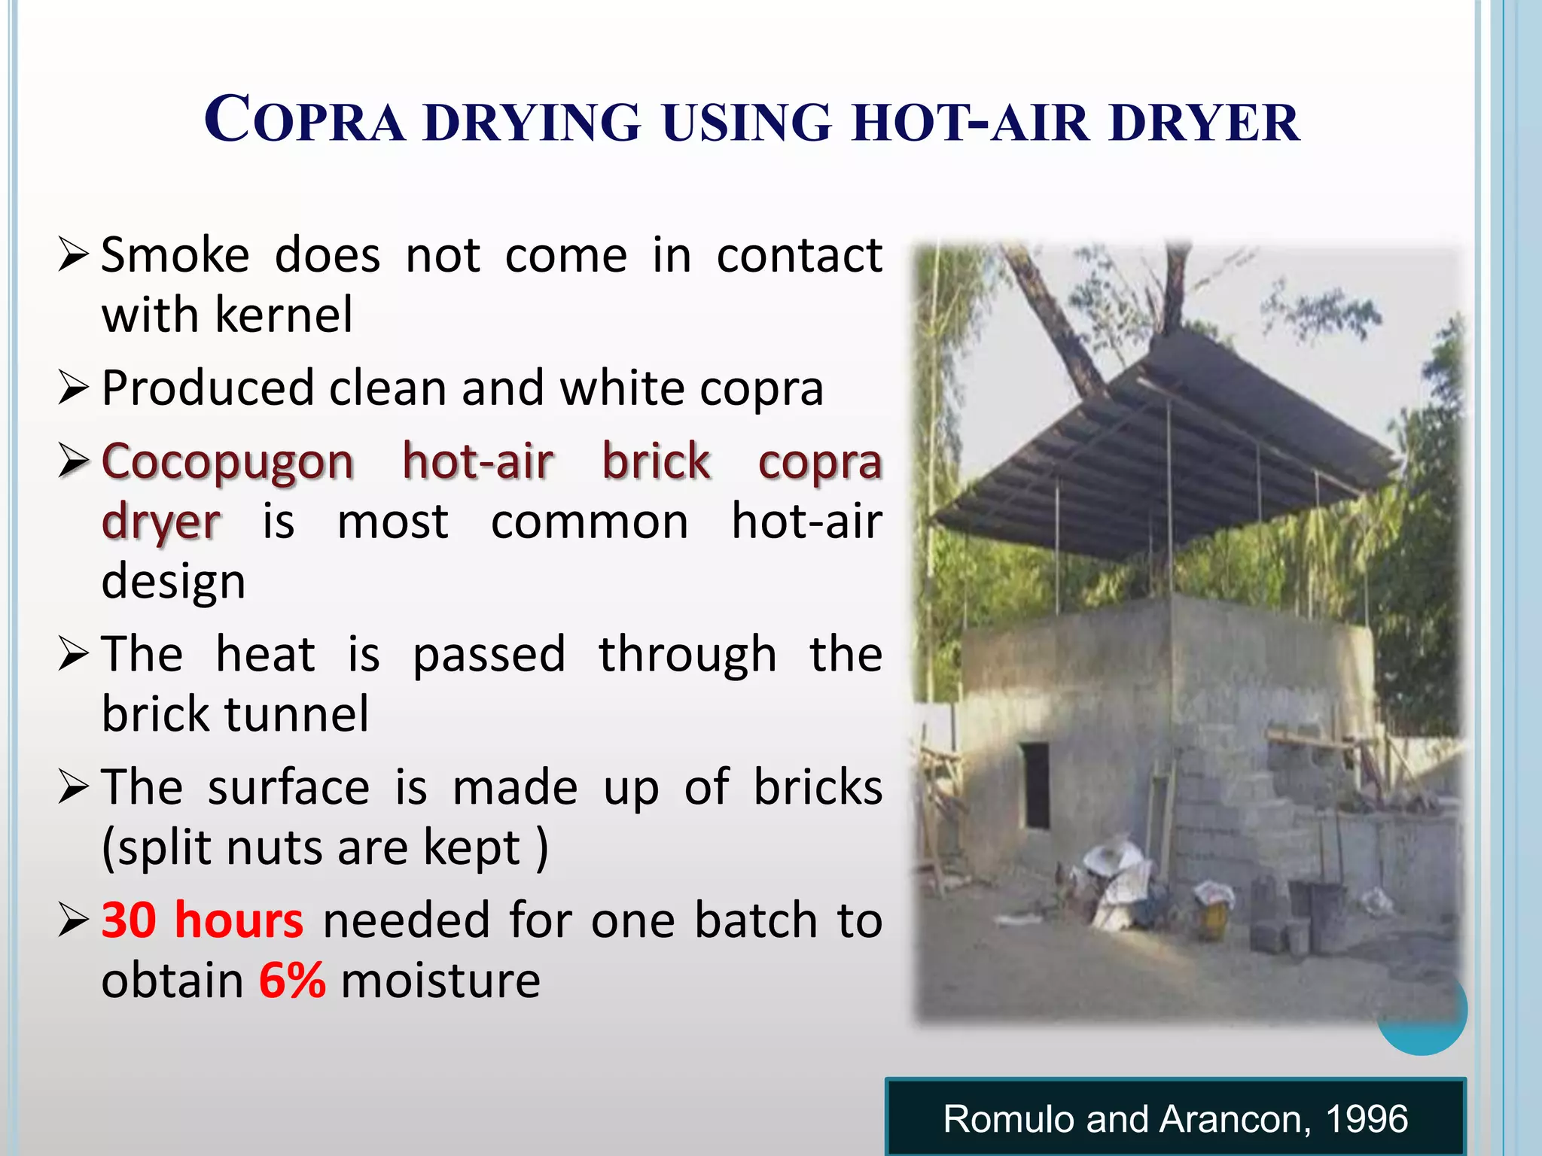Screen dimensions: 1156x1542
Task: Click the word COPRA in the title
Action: (304, 120)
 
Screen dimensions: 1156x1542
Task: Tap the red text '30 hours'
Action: (202, 920)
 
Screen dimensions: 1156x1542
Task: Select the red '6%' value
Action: (292, 980)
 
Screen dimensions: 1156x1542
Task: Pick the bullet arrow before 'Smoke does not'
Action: (73, 255)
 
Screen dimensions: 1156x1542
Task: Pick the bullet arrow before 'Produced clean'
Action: (73, 388)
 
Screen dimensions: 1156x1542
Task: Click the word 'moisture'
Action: (440, 980)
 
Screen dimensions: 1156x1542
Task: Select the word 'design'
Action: (173, 581)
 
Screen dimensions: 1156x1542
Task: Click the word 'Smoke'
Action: (175, 255)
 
